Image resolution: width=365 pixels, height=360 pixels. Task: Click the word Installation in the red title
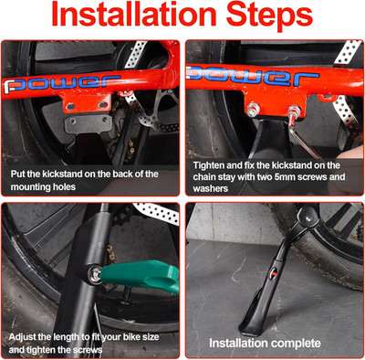point(134,15)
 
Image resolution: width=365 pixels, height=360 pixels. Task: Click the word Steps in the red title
point(270,16)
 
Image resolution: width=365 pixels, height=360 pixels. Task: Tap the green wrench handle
point(141,276)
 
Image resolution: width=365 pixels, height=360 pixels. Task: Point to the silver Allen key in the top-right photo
point(303,134)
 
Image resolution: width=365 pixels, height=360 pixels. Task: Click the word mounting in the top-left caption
point(29,187)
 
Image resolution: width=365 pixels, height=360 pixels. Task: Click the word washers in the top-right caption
point(211,188)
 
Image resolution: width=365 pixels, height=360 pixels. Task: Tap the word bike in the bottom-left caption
point(131,337)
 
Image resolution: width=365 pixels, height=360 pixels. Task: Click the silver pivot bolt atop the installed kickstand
point(308,218)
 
